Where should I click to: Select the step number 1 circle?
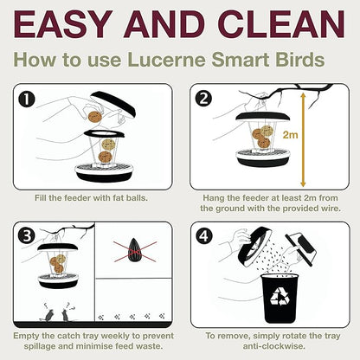tap(27, 99)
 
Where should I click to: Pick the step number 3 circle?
tap(27, 235)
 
